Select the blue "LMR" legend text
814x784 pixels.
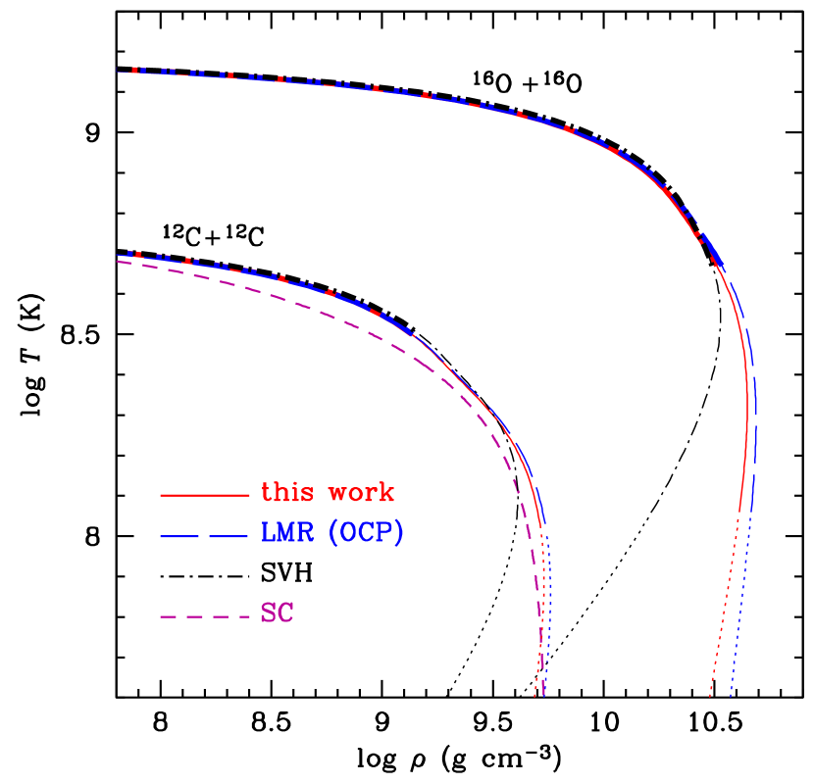(289, 533)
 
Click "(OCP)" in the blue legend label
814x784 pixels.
(366, 533)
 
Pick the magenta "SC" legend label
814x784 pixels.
(277, 614)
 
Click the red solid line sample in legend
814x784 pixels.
(205, 495)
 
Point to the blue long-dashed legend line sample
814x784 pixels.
(205, 536)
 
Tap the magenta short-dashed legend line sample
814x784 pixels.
(205, 616)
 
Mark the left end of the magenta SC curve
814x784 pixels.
(118, 261)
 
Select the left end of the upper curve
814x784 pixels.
(117, 71)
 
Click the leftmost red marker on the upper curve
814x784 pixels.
(134, 70)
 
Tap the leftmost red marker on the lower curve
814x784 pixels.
(130, 253)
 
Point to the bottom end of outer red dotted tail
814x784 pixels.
(710, 697)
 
